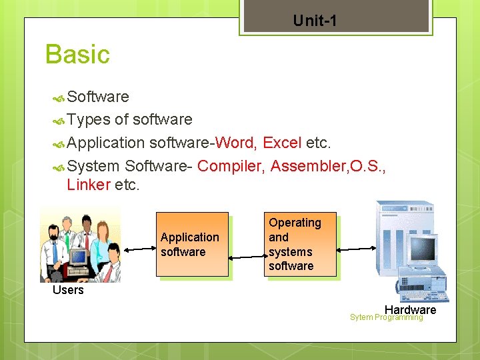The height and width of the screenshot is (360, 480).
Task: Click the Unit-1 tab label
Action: (x=315, y=21)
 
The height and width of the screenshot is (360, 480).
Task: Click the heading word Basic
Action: (x=77, y=55)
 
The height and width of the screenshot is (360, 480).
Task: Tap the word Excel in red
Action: (x=282, y=143)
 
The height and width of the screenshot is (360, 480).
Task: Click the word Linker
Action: (x=88, y=185)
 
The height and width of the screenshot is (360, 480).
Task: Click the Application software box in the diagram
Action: (x=192, y=244)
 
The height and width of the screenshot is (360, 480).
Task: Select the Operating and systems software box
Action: (x=300, y=244)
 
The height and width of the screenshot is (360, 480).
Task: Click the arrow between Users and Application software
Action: (x=139, y=249)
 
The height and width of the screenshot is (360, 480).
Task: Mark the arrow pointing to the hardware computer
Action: (x=357, y=249)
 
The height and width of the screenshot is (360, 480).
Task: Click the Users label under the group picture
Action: (x=68, y=290)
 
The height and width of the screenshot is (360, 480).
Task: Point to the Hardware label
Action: (x=410, y=309)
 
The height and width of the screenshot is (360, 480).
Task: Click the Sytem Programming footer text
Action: (x=386, y=317)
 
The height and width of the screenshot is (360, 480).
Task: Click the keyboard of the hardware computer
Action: (x=424, y=296)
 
